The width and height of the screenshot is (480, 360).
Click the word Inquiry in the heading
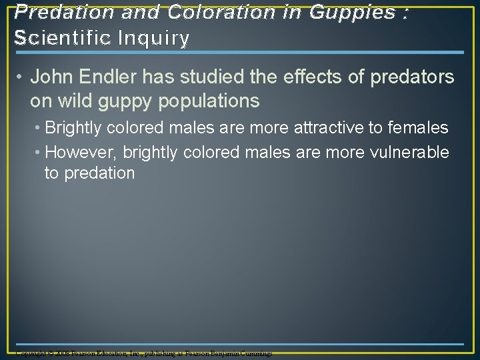click(x=156, y=38)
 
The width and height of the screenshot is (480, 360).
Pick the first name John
click(x=51, y=77)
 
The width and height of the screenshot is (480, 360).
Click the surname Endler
click(x=107, y=77)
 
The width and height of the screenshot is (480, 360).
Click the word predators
click(x=414, y=77)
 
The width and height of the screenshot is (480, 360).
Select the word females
click(x=417, y=127)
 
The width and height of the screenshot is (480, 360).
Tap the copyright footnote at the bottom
click(x=144, y=353)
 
